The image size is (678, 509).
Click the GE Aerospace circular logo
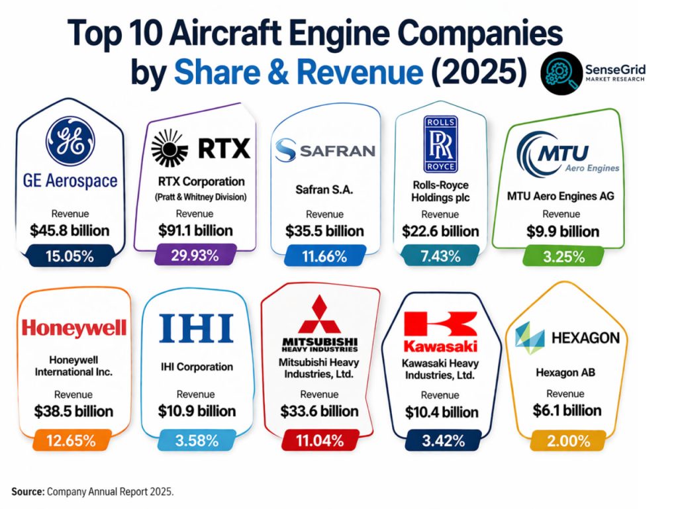70,141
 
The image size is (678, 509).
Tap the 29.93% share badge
195,255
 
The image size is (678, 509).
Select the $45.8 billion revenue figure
70,231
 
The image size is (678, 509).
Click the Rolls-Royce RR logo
440,144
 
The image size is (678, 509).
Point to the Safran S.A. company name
324,190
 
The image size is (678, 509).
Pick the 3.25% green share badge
563,257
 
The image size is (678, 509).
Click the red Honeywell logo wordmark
74,328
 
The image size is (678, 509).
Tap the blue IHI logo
196,328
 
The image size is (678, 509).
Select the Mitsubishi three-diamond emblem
320,314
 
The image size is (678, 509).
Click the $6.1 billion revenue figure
567,410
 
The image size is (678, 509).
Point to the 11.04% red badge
320,441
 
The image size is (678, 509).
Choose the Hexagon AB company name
565,373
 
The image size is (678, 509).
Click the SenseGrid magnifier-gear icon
561,73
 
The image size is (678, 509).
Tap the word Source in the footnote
28,492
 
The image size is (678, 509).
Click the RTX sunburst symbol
170,148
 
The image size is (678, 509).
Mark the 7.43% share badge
440,255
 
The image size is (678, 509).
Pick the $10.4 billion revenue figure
442,412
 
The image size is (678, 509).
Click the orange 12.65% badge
71,440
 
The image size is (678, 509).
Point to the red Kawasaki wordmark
440,346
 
